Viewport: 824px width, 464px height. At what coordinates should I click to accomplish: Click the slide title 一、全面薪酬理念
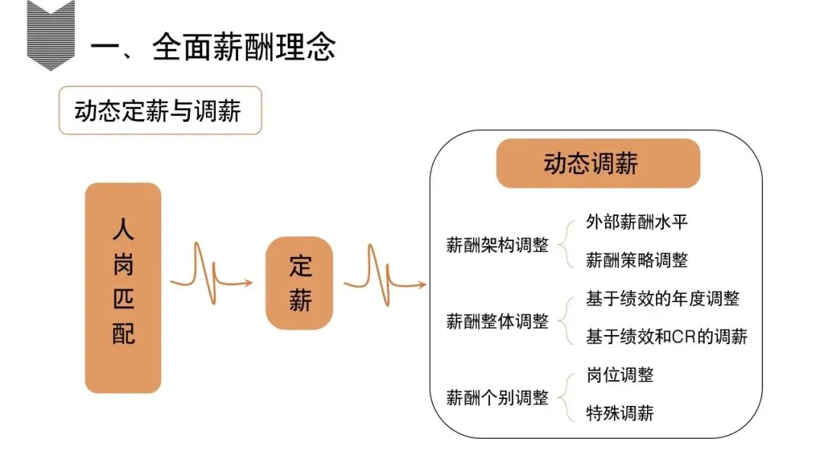213,47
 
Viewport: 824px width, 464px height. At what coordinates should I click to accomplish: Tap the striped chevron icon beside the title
51,34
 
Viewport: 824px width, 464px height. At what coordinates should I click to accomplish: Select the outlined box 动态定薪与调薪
159,111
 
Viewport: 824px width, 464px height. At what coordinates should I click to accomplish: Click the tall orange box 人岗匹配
123,288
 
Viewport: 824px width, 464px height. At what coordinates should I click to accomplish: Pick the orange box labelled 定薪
300,283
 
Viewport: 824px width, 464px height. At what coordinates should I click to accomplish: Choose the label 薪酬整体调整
497,321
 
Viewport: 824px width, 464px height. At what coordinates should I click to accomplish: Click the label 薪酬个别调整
497,398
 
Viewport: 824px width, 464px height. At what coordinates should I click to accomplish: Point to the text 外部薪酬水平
637,222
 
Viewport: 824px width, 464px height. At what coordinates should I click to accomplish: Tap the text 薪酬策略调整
637,260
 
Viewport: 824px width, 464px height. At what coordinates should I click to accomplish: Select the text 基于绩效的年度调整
662,298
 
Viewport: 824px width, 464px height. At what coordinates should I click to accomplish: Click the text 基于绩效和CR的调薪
666,337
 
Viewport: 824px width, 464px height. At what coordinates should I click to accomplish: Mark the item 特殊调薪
620,414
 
